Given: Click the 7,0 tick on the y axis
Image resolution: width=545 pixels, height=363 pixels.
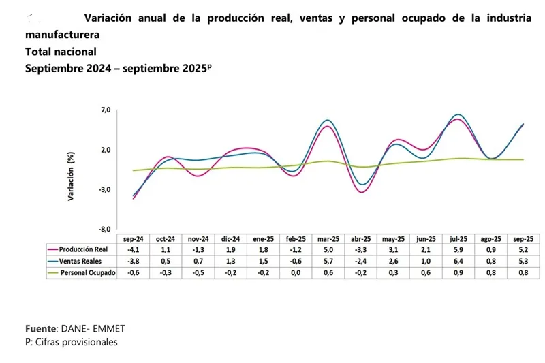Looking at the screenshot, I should pyautogui.click(x=105, y=110).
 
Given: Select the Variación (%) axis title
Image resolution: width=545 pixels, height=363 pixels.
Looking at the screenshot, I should pyautogui.click(x=70, y=176).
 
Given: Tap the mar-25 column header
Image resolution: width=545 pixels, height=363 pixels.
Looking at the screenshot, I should pyautogui.click(x=328, y=239).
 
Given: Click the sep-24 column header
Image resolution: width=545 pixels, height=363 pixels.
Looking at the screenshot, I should pyautogui.click(x=134, y=239).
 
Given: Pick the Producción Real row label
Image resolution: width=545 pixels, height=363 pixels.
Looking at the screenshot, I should pyautogui.click(x=83, y=250).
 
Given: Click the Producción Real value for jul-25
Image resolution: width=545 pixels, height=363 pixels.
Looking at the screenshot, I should pyautogui.click(x=458, y=250).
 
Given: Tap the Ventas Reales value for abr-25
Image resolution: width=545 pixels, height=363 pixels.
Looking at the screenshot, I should pyautogui.click(x=361, y=261).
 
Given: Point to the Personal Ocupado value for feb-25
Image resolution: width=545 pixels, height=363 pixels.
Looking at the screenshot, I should pyautogui.click(x=295, y=272).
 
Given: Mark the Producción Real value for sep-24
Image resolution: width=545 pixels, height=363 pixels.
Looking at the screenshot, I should pyautogui.click(x=134, y=250).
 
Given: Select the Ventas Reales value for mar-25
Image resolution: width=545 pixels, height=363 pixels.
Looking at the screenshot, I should pyautogui.click(x=328, y=261).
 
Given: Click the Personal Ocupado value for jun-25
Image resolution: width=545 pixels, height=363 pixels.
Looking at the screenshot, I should pyautogui.click(x=426, y=272).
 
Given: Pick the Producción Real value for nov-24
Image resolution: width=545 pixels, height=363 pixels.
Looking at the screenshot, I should pyautogui.click(x=198, y=250).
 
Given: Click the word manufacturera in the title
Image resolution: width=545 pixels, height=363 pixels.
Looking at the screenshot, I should pyautogui.click(x=61, y=34).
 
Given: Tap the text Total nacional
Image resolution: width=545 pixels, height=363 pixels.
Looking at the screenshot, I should pyautogui.click(x=61, y=51).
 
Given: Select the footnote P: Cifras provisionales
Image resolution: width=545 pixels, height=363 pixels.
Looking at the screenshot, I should pyautogui.click(x=71, y=342).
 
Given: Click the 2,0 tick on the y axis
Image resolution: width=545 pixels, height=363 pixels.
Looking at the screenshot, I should pyautogui.click(x=105, y=150).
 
